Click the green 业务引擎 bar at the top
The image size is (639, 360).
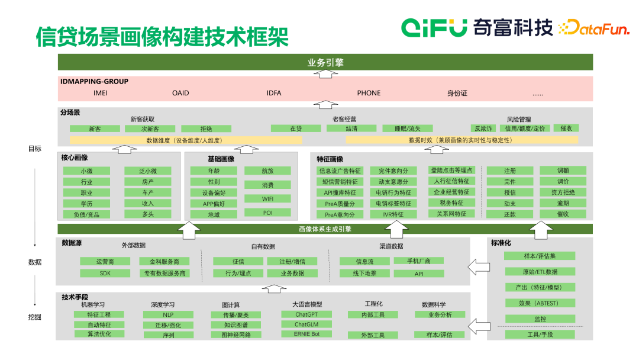pyautogui.click(x=325, y=62)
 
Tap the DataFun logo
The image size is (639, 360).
pyautogui.click(x=595, y=27)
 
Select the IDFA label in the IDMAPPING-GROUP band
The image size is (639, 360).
pyautogui.click(x=274, y=93)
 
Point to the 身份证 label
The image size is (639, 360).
pyautogui.click(x=457, y=93)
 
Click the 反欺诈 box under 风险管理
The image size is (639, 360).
pyautogui.click(x=482, y=128)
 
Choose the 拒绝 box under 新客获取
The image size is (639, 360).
pyautogui.click(x=206, y=128)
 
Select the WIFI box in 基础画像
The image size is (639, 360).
pyautogui.click(x=267, y=199)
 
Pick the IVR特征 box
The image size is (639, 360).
pyautogui.click(x=393, y=214)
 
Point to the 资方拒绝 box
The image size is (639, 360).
pyautogui.click(x=563, y=192)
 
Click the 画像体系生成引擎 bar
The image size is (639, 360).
pyautogui.click(x=325, y=229)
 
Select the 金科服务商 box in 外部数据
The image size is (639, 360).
pyautogui.click(x=164, y=261)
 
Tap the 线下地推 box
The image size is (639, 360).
pyautogui.click(x=364, y=273)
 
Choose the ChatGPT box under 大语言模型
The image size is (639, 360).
pyautogui.click(x=306, y=315)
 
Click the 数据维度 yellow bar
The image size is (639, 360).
pyautogui.click(x=186, y=140)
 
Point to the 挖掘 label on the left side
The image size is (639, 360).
pyautogui.click(x=34, y=317)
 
